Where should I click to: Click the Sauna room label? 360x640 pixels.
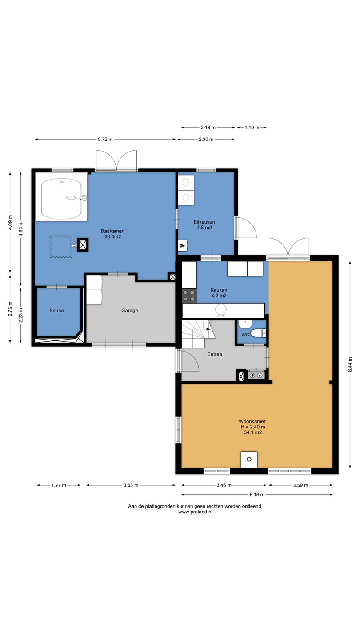coord(56,311)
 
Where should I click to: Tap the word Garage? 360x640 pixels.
coord(129,310)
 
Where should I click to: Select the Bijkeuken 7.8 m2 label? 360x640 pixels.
coord(204,225)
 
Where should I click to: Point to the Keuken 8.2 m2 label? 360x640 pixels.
coord(219,293)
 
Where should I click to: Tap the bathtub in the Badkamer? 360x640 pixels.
coord(61,199)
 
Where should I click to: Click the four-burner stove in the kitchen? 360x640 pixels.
coord(189,296)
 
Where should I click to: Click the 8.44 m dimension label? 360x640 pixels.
coord(350,365)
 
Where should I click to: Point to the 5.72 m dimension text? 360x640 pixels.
coord(105,140)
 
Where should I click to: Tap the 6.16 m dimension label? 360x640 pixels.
coord(257,495)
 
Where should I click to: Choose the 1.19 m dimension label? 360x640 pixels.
coord(252,128)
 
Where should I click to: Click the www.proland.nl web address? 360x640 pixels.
coord(195,512)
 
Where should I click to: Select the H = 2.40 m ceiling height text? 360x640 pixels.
coord(253,427)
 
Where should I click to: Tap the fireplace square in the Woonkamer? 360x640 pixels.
coord(249,459)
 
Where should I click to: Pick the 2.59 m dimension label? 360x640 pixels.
coord(300,485)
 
